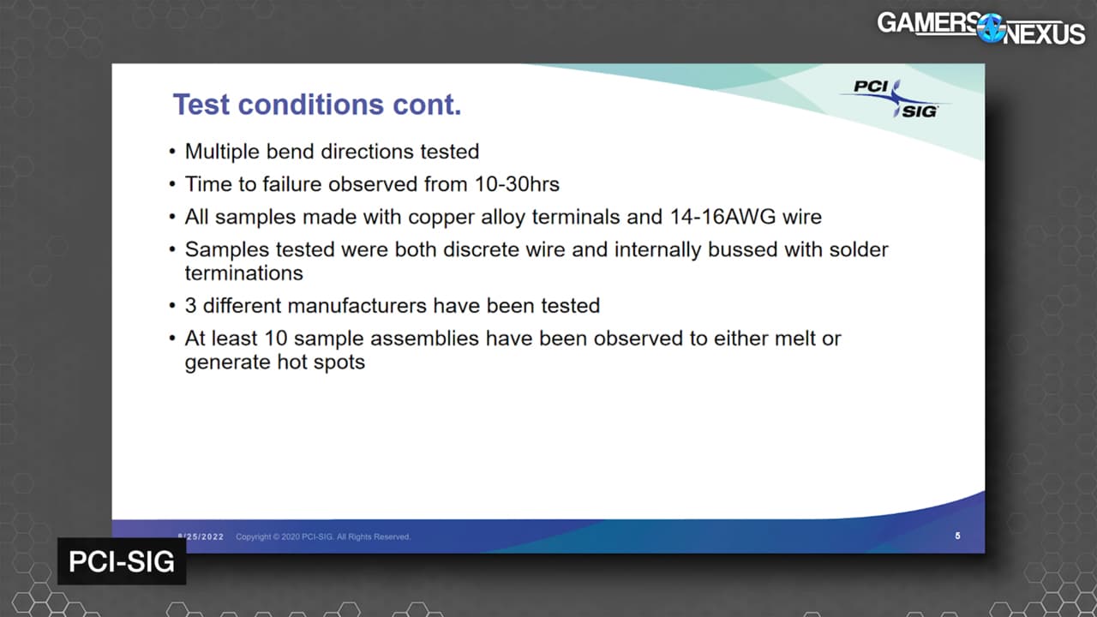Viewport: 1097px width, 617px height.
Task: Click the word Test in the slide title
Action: tap(201, 105)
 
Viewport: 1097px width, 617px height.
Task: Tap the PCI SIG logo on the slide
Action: tap(896, 99)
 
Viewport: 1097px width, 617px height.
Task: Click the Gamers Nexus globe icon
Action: tap(990, 28)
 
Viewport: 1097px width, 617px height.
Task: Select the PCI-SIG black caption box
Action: tap(122, 561)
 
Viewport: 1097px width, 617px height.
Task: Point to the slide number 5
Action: tap(957, 536)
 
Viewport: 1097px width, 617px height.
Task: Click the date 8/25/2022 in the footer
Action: tap(201, 536)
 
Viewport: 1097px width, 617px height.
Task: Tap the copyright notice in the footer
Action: tap(323, 536)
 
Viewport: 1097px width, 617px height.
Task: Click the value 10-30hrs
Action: tap(517, 184)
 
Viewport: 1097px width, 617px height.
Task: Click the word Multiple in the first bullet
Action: tap(222, 152)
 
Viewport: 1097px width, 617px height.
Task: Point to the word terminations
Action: tap(244, 273)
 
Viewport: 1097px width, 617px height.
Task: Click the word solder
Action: tap(859, 249)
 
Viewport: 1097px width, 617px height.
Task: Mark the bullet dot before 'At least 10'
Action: tap(172, 338)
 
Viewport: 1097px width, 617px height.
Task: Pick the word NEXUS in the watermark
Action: tap(1044, 33)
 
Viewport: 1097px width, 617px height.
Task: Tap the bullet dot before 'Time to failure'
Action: tap(172, 184)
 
